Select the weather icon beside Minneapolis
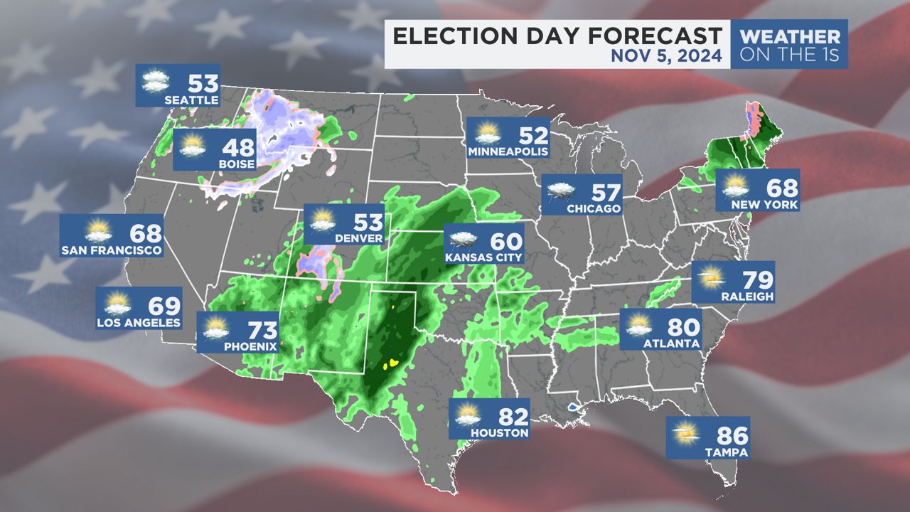[488, 134]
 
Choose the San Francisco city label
[111, 250]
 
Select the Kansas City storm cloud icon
[462, 240]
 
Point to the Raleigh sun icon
[710, 278]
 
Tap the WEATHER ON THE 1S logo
[789, 44]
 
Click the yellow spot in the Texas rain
[390, 364]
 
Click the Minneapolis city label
[508, 152]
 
